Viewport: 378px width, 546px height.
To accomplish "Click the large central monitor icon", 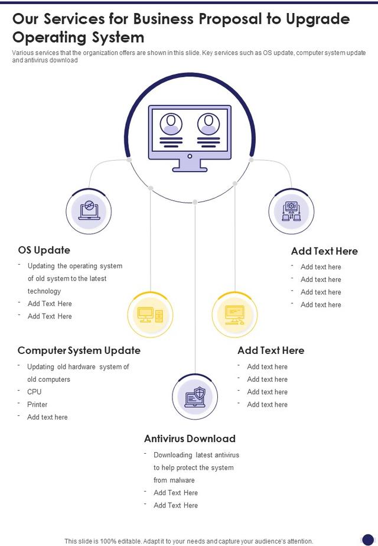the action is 190,138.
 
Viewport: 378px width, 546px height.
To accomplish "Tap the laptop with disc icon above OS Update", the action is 89,210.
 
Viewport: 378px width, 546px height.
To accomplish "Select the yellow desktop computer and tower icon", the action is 150,314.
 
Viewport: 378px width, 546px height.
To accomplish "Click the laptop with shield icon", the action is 195,396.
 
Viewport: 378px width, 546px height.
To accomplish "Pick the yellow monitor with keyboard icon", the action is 234,314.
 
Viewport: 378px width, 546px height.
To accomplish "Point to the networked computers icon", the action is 291,211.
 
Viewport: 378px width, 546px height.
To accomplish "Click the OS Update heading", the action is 44,250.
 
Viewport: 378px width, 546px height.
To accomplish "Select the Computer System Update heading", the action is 79,350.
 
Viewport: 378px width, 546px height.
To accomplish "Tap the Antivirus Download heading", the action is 190,438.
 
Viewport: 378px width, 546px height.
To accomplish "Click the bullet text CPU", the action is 34,392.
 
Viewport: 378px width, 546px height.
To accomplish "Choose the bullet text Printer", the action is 37,404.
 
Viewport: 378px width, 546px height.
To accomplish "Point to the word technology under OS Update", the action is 44,291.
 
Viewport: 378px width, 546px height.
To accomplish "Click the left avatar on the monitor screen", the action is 171,124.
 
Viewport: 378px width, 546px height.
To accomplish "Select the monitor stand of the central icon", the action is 190,165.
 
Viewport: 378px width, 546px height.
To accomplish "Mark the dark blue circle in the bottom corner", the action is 368,539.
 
